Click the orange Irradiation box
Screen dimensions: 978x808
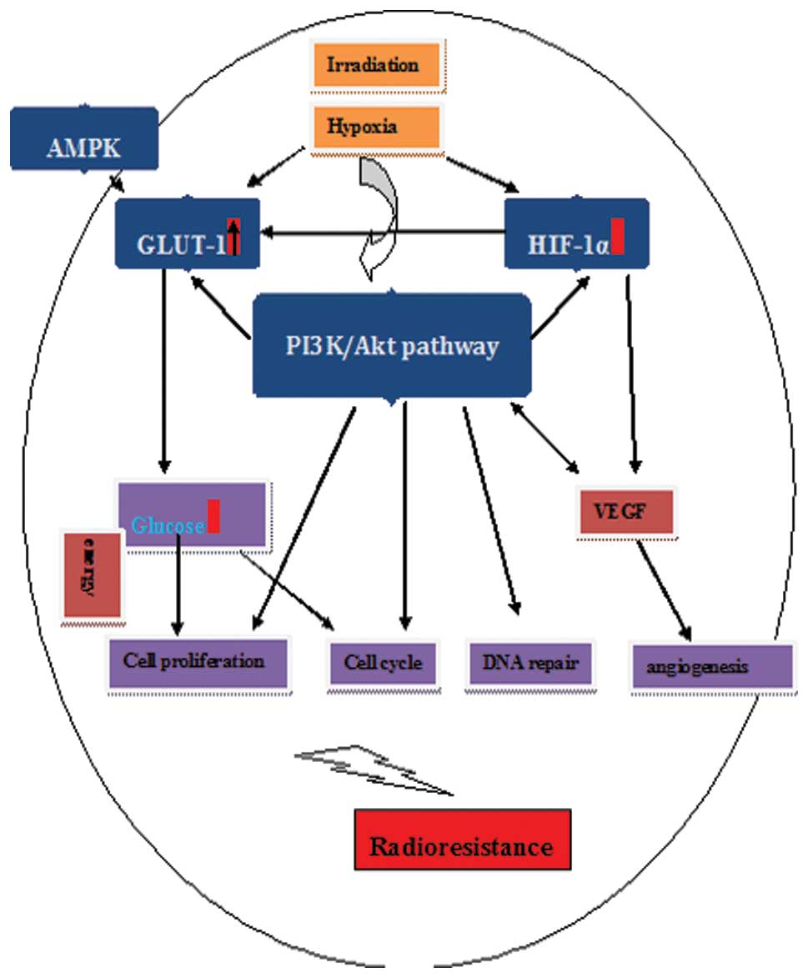click(x=376, y=65)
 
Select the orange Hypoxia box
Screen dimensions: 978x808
click(x=376, y=128)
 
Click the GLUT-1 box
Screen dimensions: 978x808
click(x=188, y=233)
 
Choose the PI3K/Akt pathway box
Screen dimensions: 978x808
click(x=392, y=344)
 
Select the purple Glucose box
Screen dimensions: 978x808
click(x=193, y=514)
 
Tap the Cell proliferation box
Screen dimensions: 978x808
click(x=198, y=663)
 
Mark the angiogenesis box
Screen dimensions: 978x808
click(x=711, y=667)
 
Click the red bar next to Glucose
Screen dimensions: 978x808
click(x=213, y=516)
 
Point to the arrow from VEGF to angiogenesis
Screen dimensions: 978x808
click(x=665, y=591)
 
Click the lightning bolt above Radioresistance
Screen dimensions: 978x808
click(x=375, y=767)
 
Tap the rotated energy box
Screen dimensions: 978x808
click(x=93, y=575)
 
